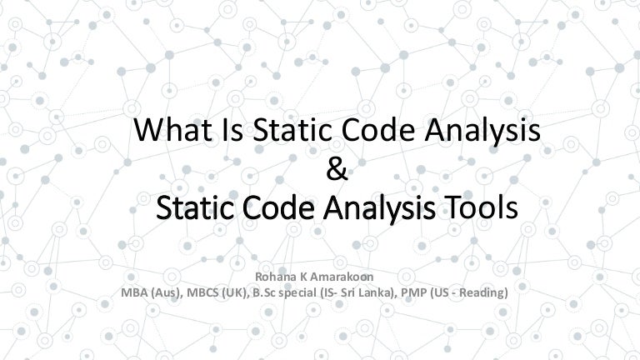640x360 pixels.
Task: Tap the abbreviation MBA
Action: click(135, 293)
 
